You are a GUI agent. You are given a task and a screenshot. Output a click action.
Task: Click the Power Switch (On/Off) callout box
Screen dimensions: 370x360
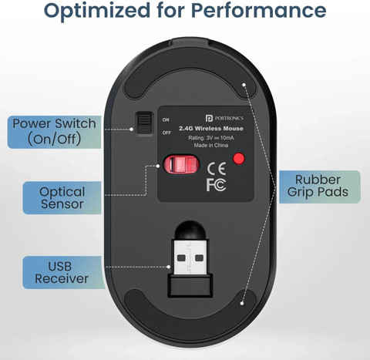54,132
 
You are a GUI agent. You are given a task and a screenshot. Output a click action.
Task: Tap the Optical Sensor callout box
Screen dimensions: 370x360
62,198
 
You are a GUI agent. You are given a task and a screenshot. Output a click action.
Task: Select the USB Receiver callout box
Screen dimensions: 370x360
64,272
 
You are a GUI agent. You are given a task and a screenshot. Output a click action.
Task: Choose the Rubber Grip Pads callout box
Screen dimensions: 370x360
320,187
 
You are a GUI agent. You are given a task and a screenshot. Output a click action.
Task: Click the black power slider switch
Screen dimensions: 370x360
144,123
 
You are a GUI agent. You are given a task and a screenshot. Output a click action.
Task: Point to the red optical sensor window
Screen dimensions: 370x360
181,164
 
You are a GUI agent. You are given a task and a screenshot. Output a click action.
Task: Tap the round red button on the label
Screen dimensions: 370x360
239,158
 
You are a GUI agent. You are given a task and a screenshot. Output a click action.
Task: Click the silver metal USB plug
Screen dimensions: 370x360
190,257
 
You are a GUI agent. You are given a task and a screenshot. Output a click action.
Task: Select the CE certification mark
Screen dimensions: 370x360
217,169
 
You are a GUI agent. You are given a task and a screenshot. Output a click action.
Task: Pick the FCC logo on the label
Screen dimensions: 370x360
216,184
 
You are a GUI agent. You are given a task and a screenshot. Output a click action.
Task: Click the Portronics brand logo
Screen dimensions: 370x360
224,118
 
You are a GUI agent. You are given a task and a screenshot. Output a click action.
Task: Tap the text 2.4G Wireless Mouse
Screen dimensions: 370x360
211,129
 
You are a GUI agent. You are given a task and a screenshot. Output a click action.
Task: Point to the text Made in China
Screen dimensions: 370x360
211,145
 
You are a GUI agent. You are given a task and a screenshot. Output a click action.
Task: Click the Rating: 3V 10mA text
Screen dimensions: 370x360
211,138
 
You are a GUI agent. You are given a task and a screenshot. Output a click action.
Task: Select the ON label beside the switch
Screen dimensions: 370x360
166,119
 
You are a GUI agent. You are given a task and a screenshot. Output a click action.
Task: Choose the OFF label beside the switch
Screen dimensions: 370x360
166,133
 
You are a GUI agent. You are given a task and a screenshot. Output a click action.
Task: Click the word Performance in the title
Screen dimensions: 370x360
258,10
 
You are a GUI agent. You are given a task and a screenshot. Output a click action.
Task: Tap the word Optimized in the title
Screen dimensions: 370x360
97,12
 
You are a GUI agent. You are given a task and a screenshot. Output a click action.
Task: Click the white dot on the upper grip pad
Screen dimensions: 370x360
244,85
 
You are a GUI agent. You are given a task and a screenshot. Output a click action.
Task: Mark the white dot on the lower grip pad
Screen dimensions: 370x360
242,303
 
